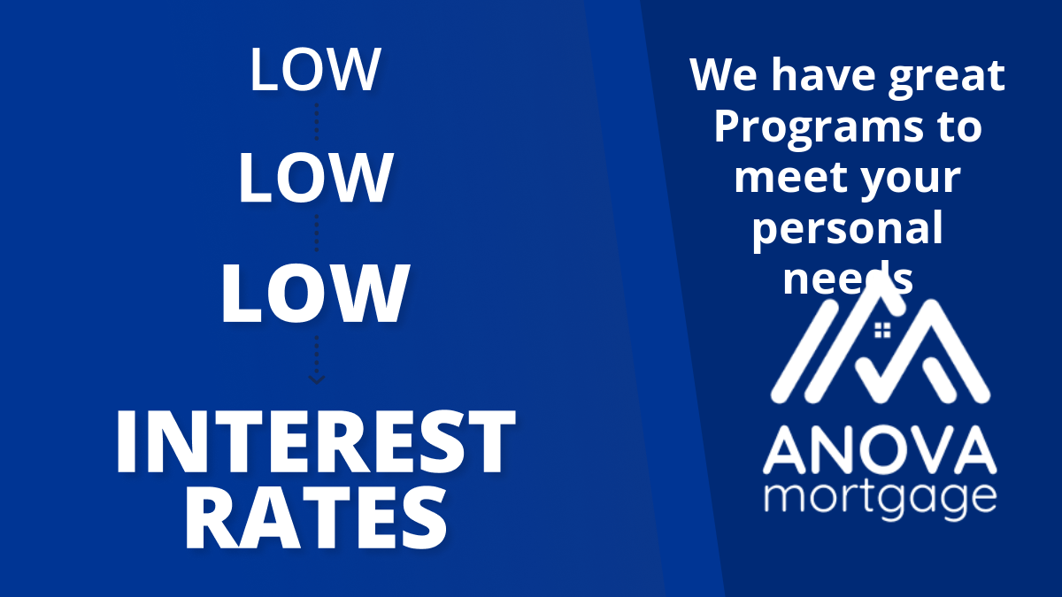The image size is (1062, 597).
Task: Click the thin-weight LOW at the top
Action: coord(315,69)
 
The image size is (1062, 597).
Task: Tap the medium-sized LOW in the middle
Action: coord(316,178)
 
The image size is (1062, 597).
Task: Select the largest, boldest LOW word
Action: coord(315,294)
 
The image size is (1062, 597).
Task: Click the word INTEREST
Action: coord(315,441)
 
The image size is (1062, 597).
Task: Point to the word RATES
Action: coord(316,517)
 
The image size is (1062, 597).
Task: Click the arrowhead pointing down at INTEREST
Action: coord(316,379)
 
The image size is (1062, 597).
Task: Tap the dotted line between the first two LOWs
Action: coord(316,121)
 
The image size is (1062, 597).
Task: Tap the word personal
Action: coord(848,229)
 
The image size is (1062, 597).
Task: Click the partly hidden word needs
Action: coord(848,278)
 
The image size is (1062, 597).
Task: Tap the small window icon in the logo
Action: coord(882,330)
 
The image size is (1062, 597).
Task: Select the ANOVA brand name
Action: coord(880,450)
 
